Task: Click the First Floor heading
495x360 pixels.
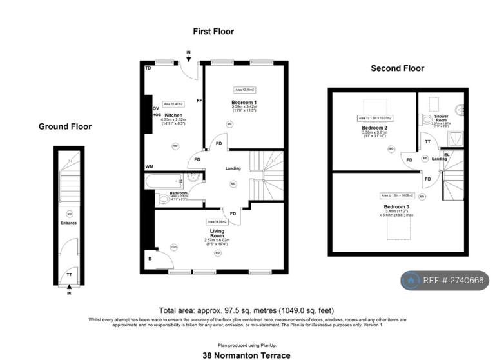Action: pos(213,31)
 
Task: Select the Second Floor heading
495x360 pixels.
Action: pos(397,68)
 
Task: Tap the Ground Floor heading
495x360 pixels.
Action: pos(65,126)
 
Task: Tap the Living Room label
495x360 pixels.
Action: pos(217,233)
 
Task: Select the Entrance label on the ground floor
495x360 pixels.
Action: pos(69,223)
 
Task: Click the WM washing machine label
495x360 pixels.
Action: pos(150,166)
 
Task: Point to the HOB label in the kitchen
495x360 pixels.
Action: pos(155,115)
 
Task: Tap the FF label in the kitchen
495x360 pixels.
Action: pos(199,101)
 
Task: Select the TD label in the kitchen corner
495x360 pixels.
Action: pos(148,68)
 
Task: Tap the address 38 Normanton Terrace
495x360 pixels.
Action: pos(246,355)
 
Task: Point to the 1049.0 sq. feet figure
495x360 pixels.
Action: pos(302,310)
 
